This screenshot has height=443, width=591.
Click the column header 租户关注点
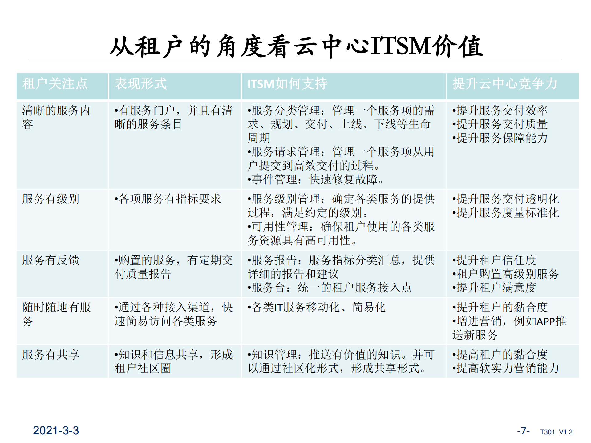tap(55, 84)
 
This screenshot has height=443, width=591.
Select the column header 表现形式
tap(140, 84)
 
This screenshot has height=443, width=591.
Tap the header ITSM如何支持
tap(287, 84)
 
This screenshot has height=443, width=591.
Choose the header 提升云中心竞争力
tap(504, 84)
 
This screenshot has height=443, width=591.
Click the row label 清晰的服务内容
tap(56, 117)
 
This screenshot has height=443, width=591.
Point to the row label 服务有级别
tap(51, 199)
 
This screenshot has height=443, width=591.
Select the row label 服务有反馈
tap(51, 260)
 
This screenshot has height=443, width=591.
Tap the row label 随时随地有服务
tap(56, 314)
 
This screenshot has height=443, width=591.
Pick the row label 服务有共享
tap(51, 355)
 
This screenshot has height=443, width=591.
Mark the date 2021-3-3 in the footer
tap(56, 430)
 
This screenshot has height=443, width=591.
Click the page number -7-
tap(523, 431)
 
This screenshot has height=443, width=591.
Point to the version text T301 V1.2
tap(556, 432)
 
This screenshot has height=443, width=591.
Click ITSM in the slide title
tap(400, 46)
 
